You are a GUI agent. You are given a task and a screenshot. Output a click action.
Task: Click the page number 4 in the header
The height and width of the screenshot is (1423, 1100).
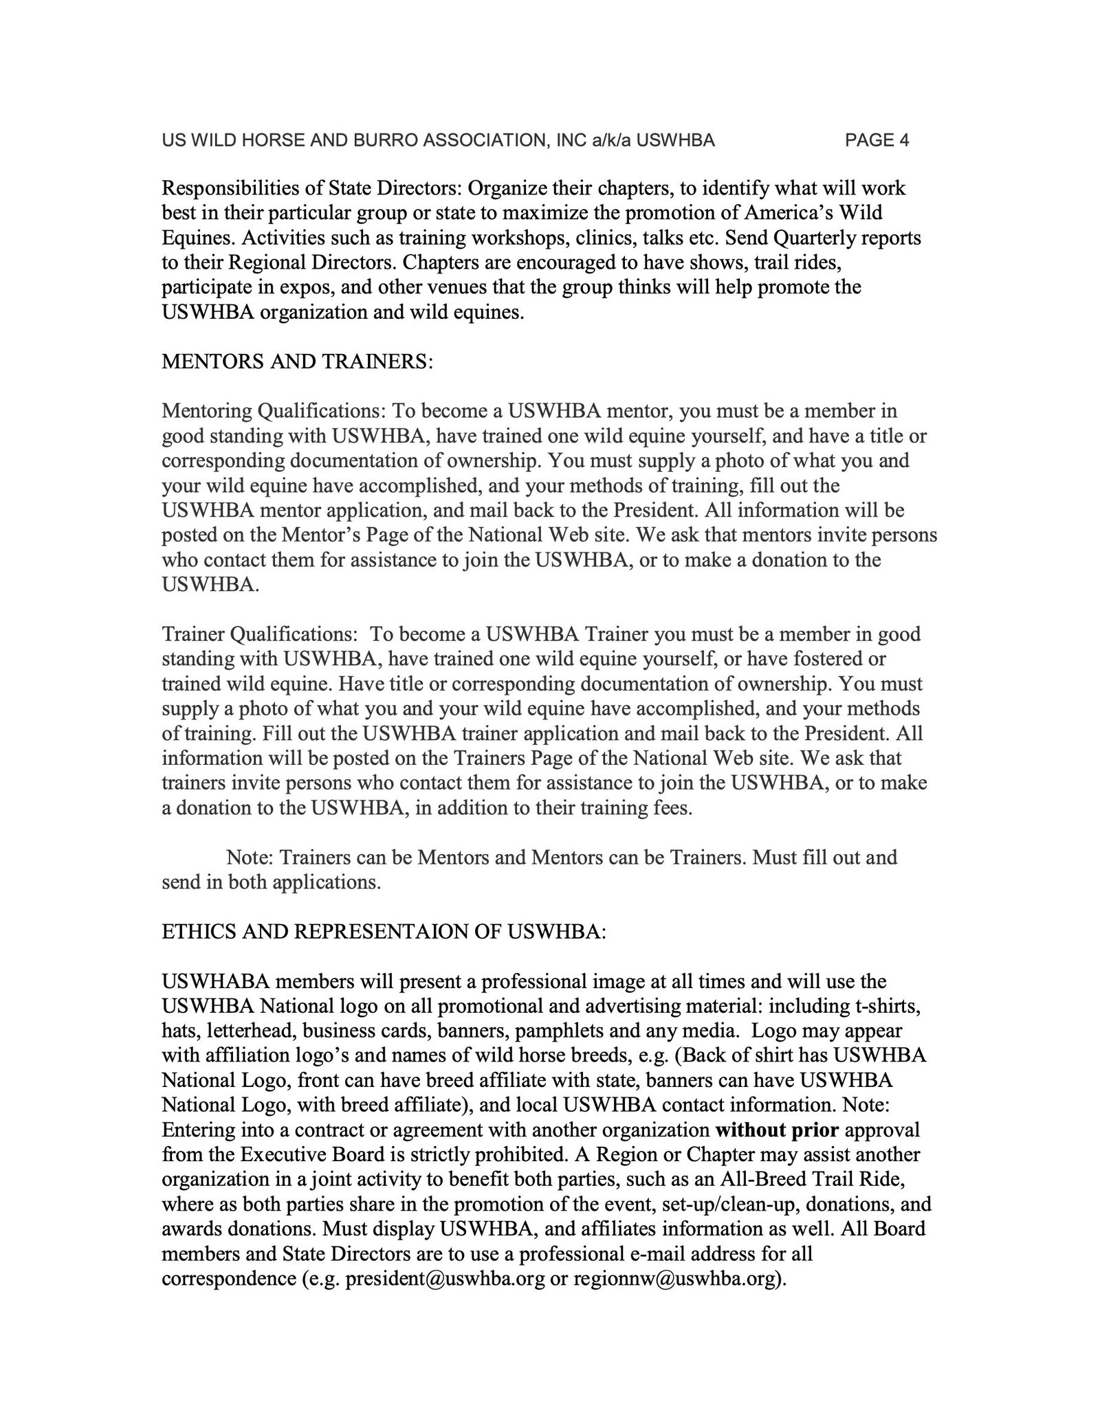[903, 141]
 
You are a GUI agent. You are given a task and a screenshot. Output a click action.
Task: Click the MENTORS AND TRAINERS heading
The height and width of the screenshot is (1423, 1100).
[297, 361]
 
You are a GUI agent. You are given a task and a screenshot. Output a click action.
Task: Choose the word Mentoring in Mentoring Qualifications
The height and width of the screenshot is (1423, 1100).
[206, 412]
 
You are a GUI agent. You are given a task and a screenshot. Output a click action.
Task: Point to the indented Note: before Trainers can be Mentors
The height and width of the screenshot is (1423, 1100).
[251, 858]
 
